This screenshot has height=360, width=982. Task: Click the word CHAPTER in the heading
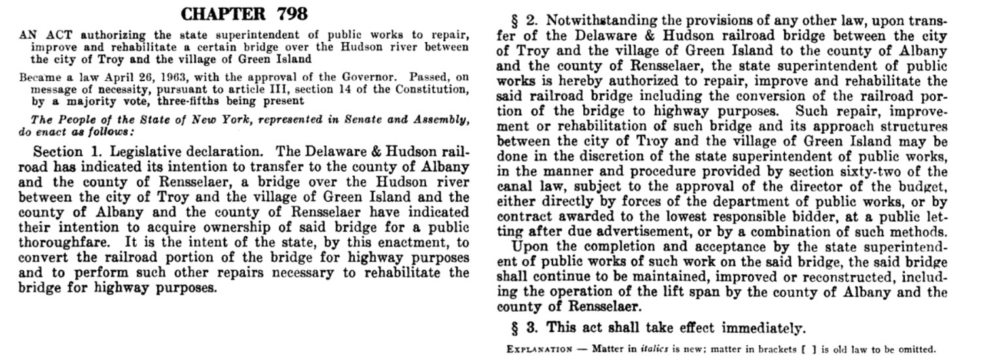pos(219,14)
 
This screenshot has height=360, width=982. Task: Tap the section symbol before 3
pos(515,328)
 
